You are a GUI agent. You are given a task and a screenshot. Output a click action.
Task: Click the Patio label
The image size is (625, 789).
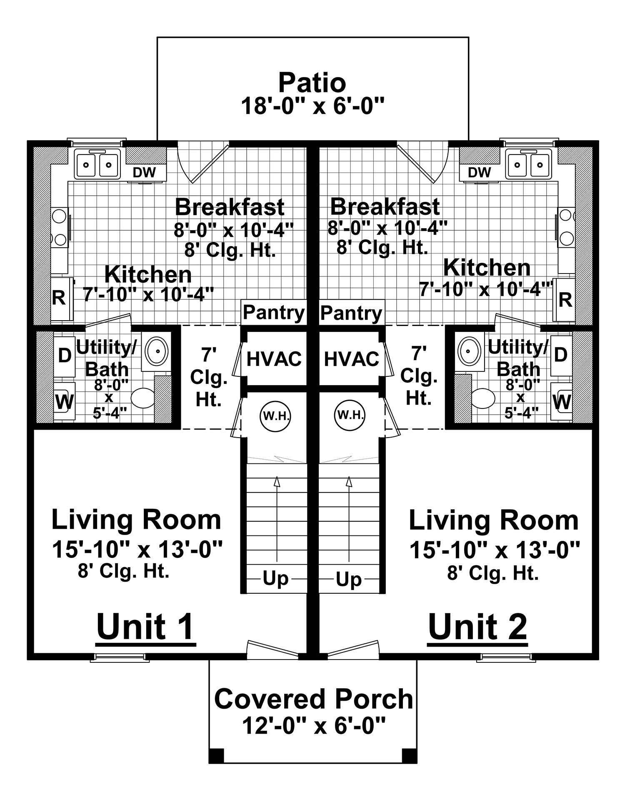point(312,83)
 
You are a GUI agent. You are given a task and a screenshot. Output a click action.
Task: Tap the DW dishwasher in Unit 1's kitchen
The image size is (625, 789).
point(144,172)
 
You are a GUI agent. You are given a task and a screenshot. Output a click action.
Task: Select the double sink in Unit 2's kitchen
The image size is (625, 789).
point(528,164)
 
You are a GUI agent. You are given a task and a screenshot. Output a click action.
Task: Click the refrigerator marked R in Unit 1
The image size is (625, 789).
point(59,298)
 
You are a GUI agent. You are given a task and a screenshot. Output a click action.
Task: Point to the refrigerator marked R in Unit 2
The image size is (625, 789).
point(565,299)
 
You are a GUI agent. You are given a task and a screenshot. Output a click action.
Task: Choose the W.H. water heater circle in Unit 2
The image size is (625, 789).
point(350,415)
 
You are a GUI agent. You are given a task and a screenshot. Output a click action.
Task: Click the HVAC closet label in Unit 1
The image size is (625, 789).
point(274,359)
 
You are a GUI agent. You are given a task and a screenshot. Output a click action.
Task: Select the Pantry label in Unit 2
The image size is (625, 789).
point(351,313)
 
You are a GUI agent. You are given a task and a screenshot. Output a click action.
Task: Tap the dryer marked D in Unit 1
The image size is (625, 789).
point(65,355)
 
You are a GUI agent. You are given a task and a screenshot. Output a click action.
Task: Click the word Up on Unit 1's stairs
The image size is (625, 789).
point(275,579)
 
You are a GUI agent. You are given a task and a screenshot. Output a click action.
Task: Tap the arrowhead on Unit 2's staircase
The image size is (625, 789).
point(349,482)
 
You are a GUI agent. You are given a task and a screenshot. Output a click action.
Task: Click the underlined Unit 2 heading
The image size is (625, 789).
point(477,627)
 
